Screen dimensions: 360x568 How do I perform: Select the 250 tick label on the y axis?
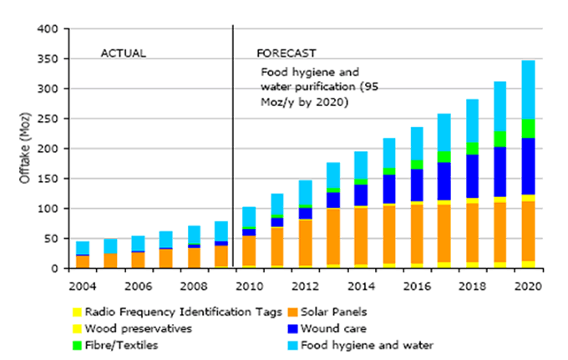(47, 119)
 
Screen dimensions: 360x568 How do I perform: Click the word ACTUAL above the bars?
(123, 53)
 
